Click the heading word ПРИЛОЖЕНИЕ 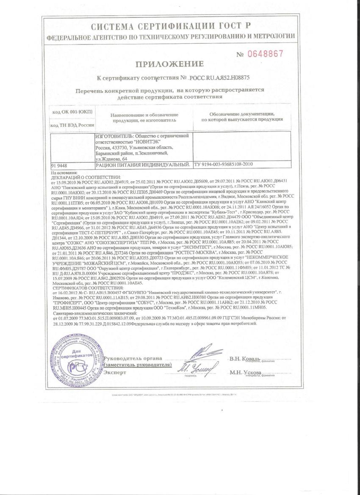point(169,64)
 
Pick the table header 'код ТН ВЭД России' point(72,125)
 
